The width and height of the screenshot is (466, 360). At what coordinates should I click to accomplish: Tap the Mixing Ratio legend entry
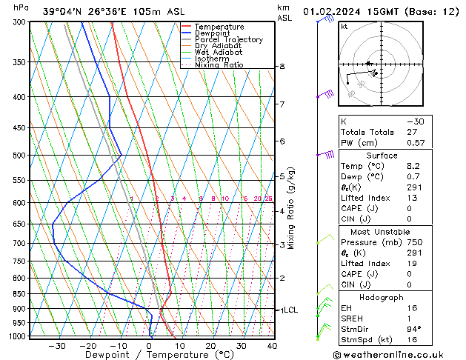point(219,65)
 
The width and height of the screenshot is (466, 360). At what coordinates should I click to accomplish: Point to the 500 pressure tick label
point(20,156)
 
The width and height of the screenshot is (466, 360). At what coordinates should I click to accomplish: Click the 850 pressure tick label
point(20,294)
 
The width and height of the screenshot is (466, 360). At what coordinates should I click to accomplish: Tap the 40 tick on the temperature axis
point(272,346)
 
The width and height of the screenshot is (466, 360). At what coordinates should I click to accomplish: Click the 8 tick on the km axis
point(282,67)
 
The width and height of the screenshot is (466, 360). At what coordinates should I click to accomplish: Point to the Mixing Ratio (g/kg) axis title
point(292,208)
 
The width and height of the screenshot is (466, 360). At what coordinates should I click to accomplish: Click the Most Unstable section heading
point(387,232)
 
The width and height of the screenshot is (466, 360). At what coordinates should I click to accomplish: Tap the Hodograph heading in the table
point(387,297)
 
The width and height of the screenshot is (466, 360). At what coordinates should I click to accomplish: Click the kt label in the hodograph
point(344,27)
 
